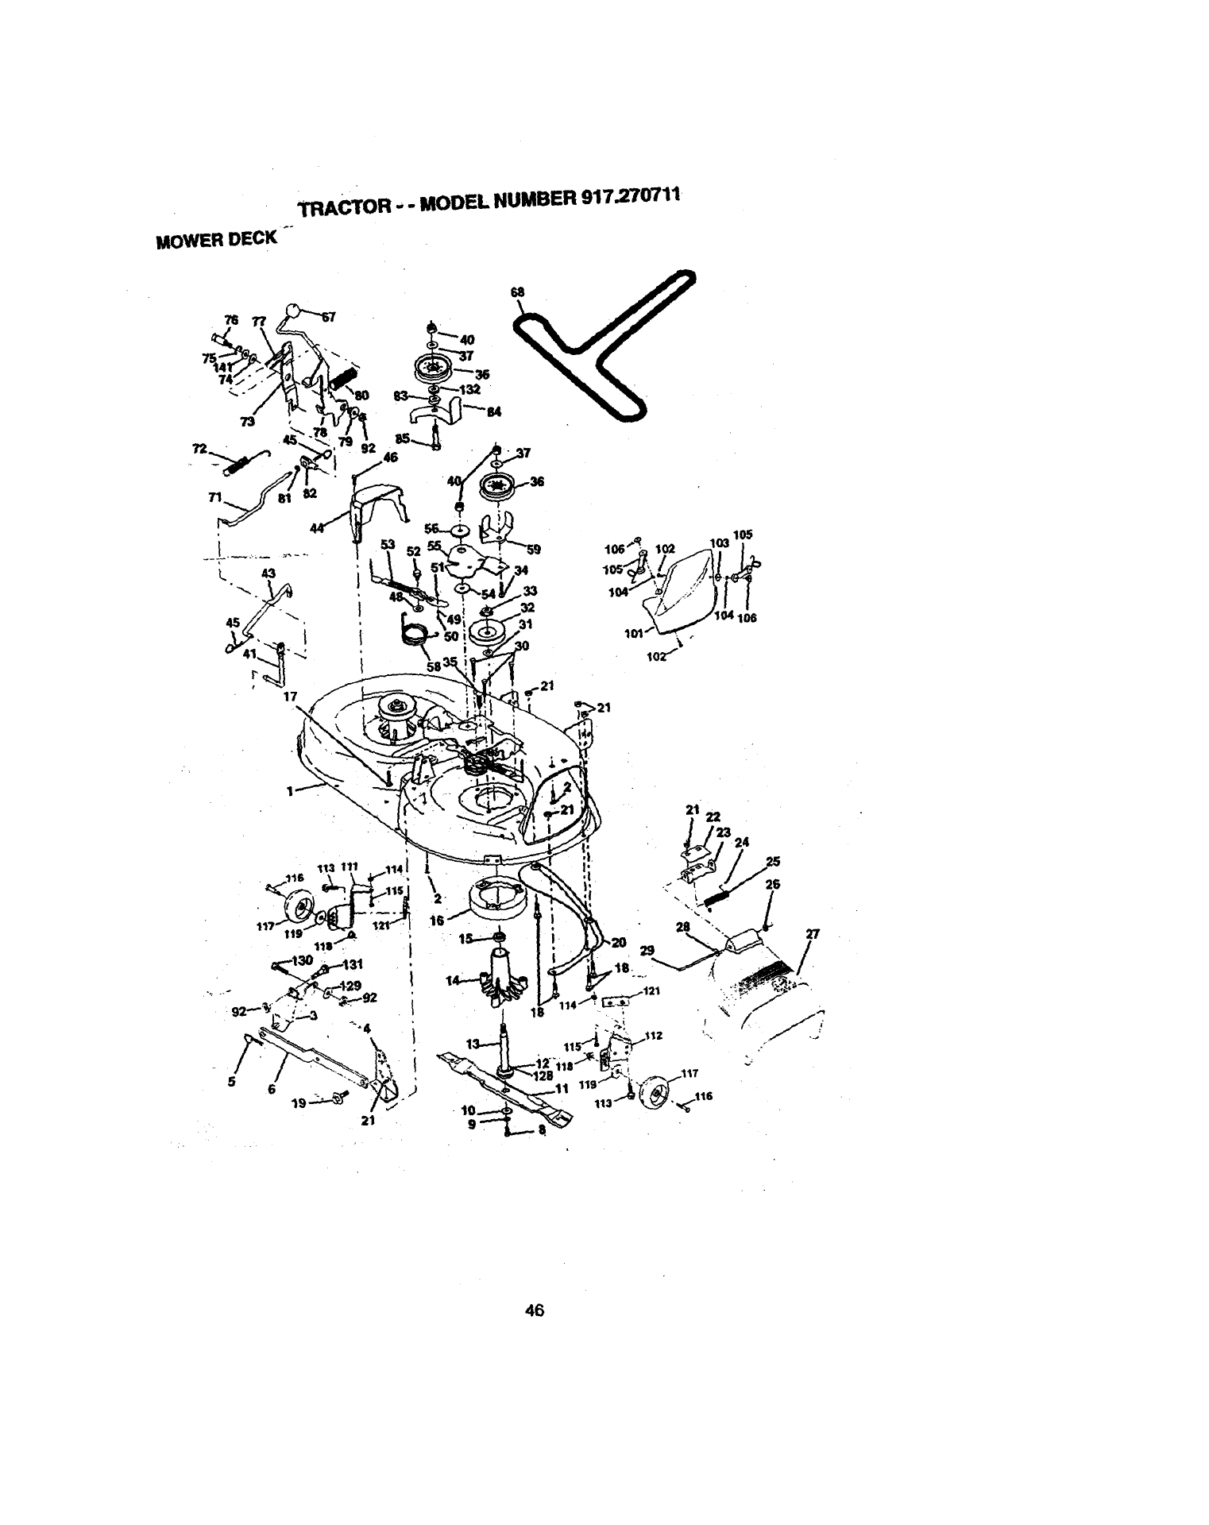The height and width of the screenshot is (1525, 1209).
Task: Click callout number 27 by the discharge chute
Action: pos(812,935)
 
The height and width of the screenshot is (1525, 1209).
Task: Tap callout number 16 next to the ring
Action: pos(436,921)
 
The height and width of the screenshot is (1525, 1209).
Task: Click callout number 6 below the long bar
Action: pos(271,1090)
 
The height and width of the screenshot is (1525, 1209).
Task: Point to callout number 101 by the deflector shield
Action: pos(633,633)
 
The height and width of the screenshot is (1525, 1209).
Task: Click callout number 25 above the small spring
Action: pos(773,862)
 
